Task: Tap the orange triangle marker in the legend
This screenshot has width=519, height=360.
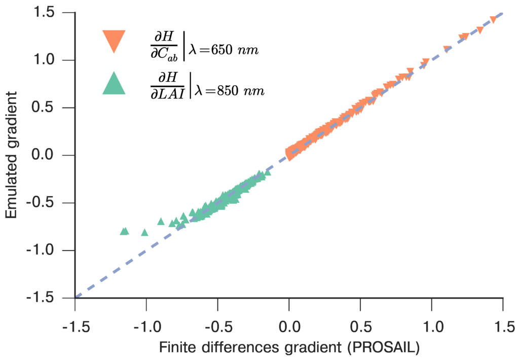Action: (x=114, y=41)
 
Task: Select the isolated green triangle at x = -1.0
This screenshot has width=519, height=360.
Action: (x=145, y=232)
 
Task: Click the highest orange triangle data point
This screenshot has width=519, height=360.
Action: (x=492, y=19)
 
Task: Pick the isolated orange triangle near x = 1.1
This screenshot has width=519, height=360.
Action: (x=447, y=49)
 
